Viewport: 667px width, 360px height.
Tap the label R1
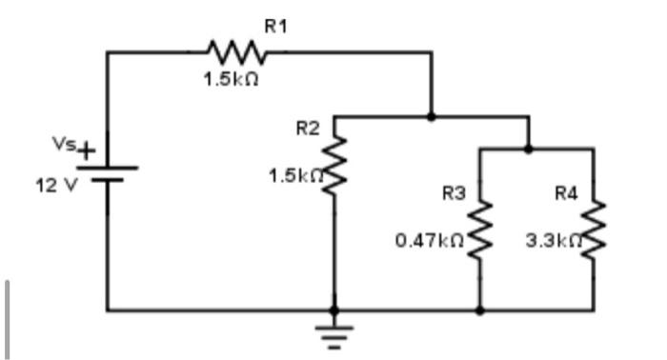[x=275, y=28]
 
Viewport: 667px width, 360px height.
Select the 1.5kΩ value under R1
[x=228, y=81]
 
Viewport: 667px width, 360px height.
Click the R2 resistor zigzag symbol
[x=333, y=168]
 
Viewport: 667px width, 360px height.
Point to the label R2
[x=308, y=128]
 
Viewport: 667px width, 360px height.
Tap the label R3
[x=455, y=193]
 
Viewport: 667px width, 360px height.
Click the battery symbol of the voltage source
[x=107, y=172]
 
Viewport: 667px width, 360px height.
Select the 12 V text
[x=53, y=185]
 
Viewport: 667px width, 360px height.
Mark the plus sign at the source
[x=87, y=150]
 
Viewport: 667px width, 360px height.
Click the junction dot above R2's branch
[x=431, y=117]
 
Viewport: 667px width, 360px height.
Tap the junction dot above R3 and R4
[x=528, y=149]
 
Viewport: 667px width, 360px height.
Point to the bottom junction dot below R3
[x=479, y=310]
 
